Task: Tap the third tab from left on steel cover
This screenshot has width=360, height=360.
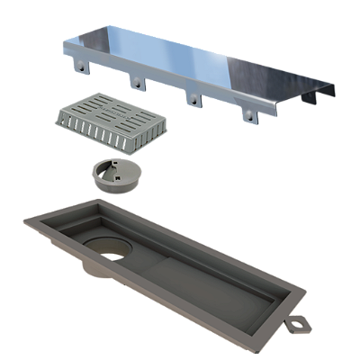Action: pos(191,98)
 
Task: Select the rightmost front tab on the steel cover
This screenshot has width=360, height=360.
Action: pos(246,113)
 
